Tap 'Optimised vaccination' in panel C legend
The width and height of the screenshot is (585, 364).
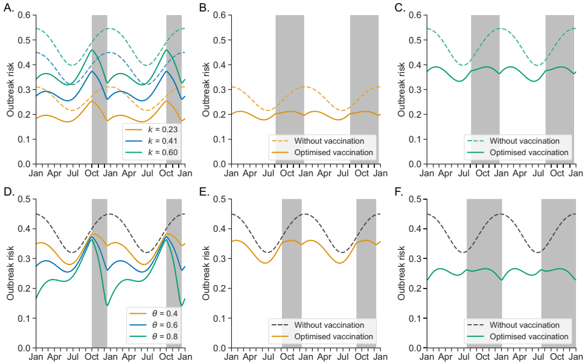point(528,152)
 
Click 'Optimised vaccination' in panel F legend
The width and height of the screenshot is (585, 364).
point(528,336)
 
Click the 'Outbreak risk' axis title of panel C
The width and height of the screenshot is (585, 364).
point(401,89)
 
